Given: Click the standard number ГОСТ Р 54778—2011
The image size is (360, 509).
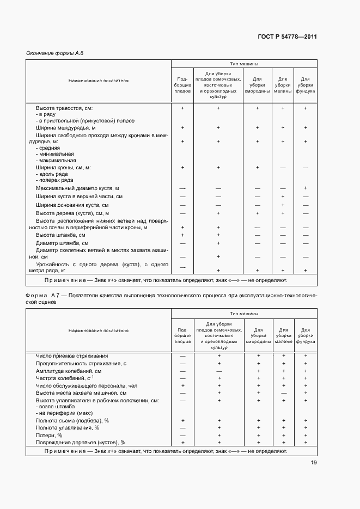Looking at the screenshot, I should pyautogui.click(x=287, y=37).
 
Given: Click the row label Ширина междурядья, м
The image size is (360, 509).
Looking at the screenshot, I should pyautogui.click(x=65, y=128).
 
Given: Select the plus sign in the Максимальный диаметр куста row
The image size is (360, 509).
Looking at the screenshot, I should pyautogui.click(x=306, y=188).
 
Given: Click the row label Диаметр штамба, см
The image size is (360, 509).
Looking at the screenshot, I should pyautogui.click(x=62, y=243).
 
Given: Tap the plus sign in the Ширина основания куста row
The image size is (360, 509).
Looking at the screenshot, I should pyautogui.click(x=283, y=205).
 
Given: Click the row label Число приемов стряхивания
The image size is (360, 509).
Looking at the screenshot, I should pyautogui.click(x=72, y=355).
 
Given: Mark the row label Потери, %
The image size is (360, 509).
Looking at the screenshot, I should pyautogui.click(x=49, y=435).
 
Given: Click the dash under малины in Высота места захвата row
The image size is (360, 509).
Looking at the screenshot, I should pyautogui.click(x=283, y=392).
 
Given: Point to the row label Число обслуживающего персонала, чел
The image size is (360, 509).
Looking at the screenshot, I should pyautogui.click(x=85, y=385).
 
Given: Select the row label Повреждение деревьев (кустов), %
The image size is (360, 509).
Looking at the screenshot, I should pyautogui.click(x=81, y=443).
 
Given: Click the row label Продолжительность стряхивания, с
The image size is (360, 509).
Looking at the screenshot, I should pyautogui.click(x=81, y=363).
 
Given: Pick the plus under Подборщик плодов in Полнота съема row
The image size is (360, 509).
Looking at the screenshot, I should pyautogui.click(x=182, y=421).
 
